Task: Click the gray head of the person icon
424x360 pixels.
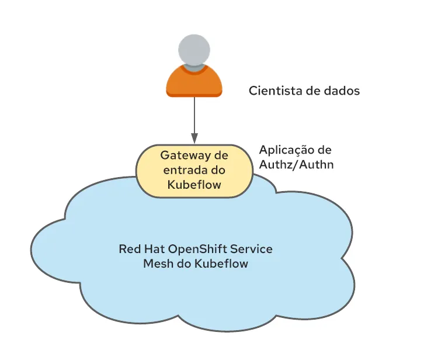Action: click(194, 51)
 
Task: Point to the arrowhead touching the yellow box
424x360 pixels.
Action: click(194, 141)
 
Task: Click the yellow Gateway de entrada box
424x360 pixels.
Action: click(194, 171)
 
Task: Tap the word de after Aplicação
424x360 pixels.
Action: click(324, 150)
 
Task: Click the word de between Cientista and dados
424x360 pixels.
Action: click(310, 91)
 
